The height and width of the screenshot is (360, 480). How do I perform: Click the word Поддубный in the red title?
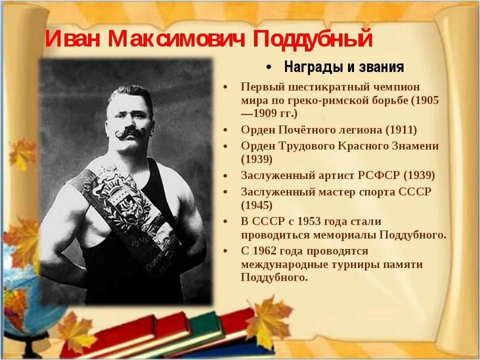[312, 39]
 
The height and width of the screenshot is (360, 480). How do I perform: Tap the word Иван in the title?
[72, 38]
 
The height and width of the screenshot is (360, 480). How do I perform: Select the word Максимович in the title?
[176, 38]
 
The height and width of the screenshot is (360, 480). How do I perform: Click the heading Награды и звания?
[344, 67]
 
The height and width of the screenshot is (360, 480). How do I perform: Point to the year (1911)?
[401, 130]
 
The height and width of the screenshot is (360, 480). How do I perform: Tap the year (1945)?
[256, 205]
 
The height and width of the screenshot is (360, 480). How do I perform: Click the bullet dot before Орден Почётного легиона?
[225, 130]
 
